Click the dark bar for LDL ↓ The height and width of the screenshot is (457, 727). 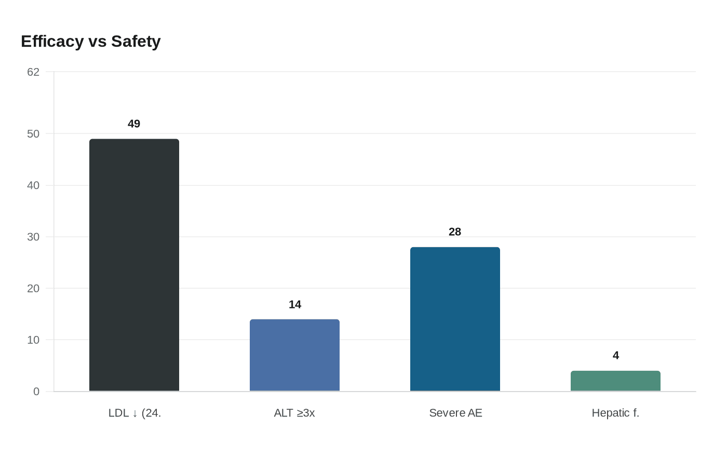[x=134, y=265]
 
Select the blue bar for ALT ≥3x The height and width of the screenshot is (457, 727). [x=294, y=355]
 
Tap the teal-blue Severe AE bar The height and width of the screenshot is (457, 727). [x=455, y=319]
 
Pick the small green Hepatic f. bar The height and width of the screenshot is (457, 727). [x=615, y=381]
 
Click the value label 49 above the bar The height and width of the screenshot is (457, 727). [x=134, y=124]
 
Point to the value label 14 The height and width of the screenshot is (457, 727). [x=295, y=304]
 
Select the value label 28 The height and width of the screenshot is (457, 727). [x=455, y=232]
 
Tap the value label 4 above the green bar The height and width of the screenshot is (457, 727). [x=616, y=355]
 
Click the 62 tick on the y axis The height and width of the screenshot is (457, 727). [x=33, y=72]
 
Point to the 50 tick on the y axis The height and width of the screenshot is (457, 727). [x=33, y=134]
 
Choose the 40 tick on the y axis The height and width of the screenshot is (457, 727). [x=33, y=185]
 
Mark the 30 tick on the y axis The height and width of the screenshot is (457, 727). [x=33, y=237]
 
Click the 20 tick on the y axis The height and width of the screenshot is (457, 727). [x=33, y=288]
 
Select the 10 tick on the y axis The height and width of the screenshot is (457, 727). [x=33, y=340]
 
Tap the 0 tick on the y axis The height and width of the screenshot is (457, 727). [x=36, y=392]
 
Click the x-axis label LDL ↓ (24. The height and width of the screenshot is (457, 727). [x=134, y=413]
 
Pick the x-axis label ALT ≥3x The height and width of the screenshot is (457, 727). [x=294, y=413]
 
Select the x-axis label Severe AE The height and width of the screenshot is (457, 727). [x=455, y=413]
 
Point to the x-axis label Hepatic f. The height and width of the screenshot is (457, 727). [x=615, y=413]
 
